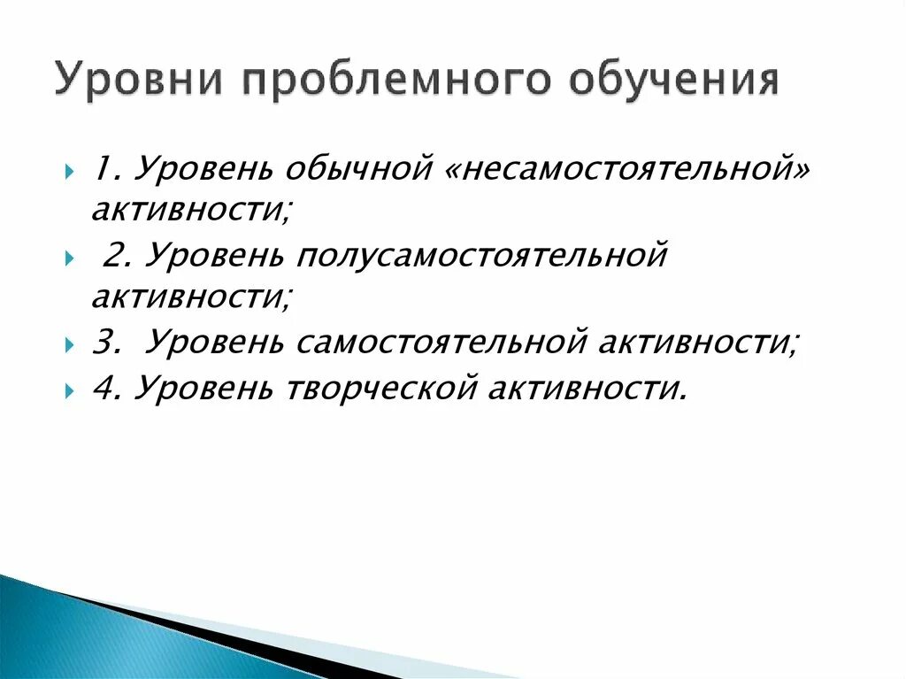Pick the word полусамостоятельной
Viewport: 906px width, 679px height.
pyautogui.click(x=481, y=256)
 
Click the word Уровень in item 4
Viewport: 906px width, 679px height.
pyautogui.click(x=203, y=387)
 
